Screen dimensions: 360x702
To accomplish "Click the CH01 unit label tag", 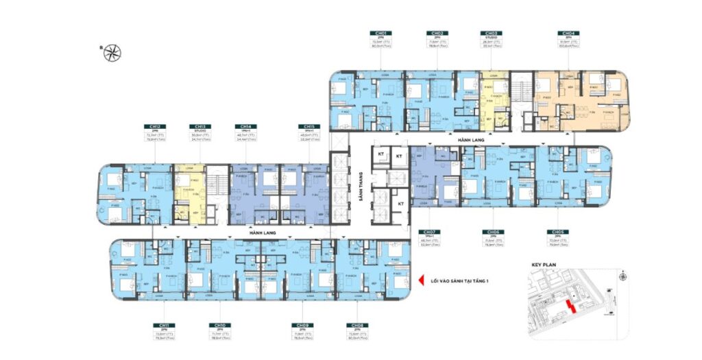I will pos(380,33).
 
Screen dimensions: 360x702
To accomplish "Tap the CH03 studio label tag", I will pos(491,33).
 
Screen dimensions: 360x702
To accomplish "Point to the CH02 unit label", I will pos(436,33).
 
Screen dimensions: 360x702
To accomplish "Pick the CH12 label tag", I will pos(154,127).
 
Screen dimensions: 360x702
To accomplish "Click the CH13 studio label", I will pos(199,127).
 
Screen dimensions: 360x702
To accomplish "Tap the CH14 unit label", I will pos(245,127).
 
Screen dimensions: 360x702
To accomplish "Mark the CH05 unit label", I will pos(554,232).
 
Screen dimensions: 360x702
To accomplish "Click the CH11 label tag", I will pos(164,325).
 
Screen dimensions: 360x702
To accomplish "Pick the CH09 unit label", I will pos(301,325).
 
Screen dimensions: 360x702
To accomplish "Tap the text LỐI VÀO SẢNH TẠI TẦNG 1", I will pos(459,280).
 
